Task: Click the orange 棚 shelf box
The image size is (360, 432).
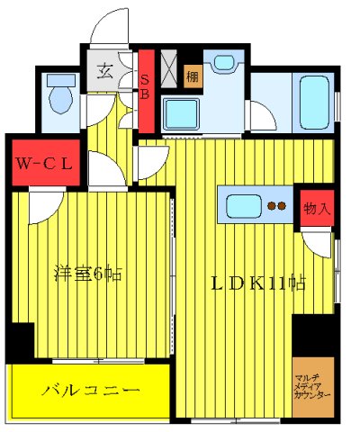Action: pos(193,77)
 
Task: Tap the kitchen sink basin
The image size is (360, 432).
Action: pos(245,206)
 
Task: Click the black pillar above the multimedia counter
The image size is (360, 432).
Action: pos(312,335)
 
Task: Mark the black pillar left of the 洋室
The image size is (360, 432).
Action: pos(19,342)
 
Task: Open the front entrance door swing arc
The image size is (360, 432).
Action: pos(108,27)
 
